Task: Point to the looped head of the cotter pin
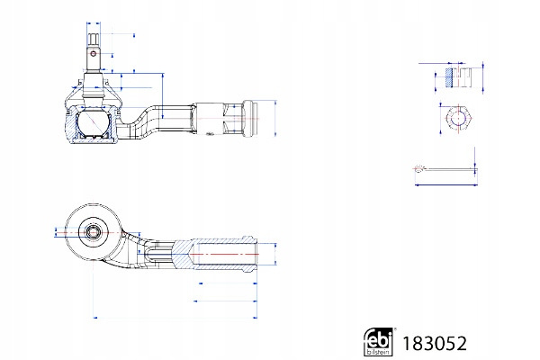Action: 420,168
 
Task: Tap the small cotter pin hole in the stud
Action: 93,52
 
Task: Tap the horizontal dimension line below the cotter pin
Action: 445,185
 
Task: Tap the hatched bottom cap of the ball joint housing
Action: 93,139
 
